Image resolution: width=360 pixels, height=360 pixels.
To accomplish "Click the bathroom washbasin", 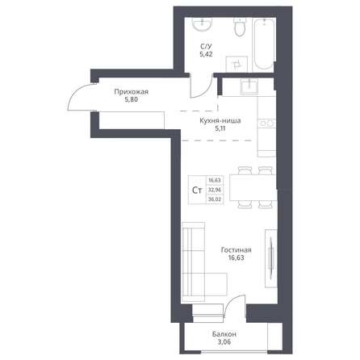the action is tap(202, 24).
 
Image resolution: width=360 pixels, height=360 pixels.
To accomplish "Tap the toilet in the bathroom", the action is tap(240, 27).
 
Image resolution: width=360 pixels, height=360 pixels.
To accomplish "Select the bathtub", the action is tap(264, 44).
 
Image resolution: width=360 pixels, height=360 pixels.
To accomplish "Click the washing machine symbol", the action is tap(237, 65).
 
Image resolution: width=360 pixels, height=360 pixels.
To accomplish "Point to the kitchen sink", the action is tap(249, 86).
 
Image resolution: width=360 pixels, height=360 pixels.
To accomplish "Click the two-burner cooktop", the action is tap(266, 123).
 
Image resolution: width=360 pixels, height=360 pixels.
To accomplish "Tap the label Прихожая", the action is tap(131, 92).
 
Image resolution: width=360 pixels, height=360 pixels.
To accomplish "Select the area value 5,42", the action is tap(206, 54).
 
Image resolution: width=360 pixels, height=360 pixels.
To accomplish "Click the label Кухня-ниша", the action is tap(220, 121).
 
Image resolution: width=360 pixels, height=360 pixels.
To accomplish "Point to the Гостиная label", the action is tap(237, 250).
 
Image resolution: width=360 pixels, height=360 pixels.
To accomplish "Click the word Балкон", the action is tap(224, 334).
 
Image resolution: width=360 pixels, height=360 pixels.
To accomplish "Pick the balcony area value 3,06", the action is tap(224, 342).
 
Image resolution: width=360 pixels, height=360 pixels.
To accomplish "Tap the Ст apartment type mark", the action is tap(197, 190).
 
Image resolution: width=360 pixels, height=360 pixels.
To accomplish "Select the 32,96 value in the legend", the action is tap(215, 190).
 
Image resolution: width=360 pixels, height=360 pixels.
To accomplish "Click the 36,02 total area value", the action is tap(215, 199).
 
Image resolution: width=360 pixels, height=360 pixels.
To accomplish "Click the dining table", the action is tap(253, 187).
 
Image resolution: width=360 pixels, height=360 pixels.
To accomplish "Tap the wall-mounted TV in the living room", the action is tap(271, 258).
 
